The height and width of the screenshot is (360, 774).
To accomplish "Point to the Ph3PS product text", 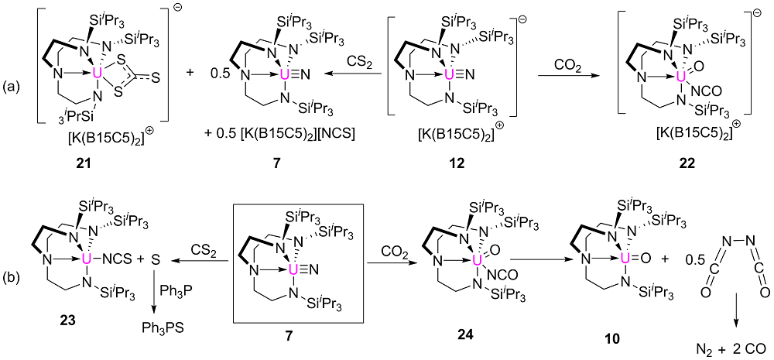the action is click(160, 327).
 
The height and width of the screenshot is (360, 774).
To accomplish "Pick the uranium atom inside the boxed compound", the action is click(291, 256).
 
